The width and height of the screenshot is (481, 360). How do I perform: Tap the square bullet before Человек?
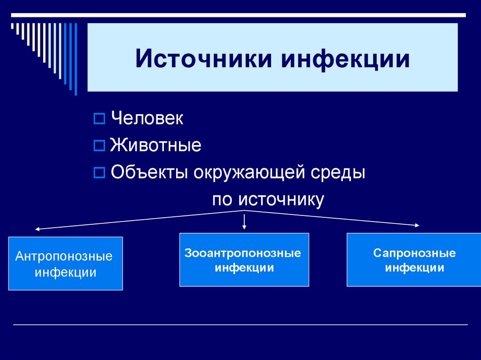(99, 119)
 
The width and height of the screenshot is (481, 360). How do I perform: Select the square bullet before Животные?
(99, 146)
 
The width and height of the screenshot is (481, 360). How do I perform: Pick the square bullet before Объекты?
(99, 173)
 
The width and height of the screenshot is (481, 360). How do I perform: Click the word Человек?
(147, 118)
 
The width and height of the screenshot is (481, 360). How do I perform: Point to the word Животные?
(155, 146)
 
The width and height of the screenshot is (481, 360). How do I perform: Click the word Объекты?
(149, 173)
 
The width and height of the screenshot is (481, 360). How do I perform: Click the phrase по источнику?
(268, 199)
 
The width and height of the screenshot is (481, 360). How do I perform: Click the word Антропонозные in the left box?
(64, 257)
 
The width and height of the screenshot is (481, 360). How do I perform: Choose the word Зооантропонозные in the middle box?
(243, 253)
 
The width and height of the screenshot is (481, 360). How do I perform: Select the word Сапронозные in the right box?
(415, 253)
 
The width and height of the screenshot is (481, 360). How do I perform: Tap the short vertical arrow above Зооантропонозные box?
(244, 222)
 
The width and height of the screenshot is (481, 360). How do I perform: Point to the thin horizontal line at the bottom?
(240, 325)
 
